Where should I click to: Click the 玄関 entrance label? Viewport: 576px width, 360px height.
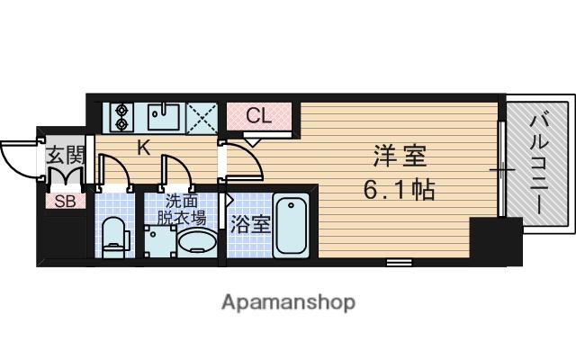click(64, 155)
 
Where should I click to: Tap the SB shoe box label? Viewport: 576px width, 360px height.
click(64, 201)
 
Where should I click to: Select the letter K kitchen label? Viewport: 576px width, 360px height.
click(143, 149)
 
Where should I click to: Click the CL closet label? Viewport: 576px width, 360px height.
click(259, 116)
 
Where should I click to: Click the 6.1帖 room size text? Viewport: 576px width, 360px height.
click(400, 191)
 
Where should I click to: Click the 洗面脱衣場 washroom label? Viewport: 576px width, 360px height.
click(184, 210)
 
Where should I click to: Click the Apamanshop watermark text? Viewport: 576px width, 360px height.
click(288, 301)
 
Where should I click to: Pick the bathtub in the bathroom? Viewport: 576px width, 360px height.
click(292, 224)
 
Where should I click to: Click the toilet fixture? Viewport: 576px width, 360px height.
click(113, 237)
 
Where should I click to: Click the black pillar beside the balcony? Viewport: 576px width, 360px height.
click(495, 241)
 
